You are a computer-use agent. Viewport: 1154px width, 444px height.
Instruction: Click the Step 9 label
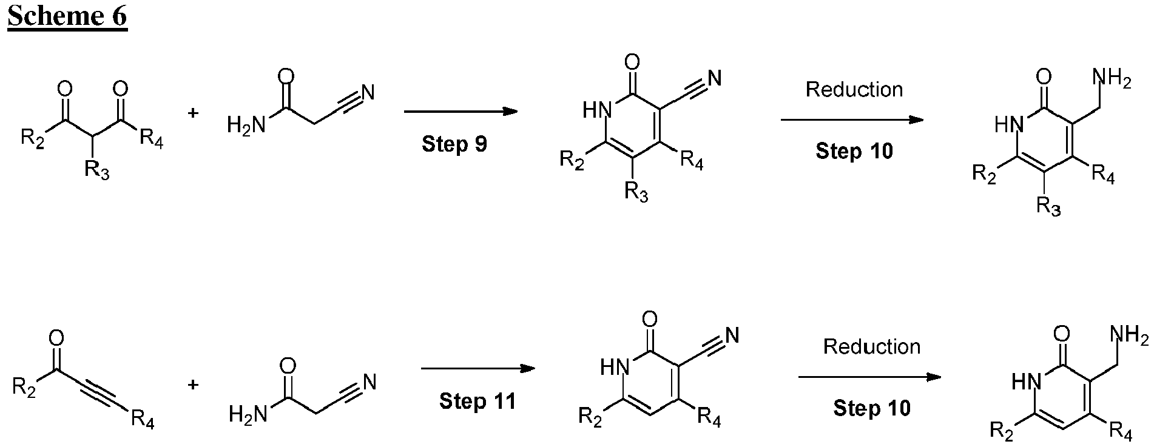(454, 144)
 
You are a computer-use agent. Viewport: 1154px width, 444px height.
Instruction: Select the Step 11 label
(477, 401)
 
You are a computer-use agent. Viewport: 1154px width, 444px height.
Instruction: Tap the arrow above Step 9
(461, 112)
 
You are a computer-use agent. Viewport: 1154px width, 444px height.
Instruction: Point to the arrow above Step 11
(478, 369)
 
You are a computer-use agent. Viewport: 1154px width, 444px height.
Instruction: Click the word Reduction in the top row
(854, 90)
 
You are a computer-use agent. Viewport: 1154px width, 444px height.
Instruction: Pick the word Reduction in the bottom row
(872, 346)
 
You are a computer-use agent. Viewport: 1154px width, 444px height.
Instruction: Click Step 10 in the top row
(854, 150)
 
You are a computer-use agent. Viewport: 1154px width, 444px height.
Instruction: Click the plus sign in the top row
(193, 113)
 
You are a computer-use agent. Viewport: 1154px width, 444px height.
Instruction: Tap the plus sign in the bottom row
(193, 384)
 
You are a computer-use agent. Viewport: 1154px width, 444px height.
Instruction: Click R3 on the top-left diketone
(96, 169)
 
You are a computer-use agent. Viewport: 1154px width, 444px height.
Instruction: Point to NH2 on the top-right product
(1112, 79)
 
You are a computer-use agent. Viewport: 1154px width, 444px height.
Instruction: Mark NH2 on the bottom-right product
(1129, 335)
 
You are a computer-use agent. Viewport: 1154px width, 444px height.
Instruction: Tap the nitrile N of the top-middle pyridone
(715, 78)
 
